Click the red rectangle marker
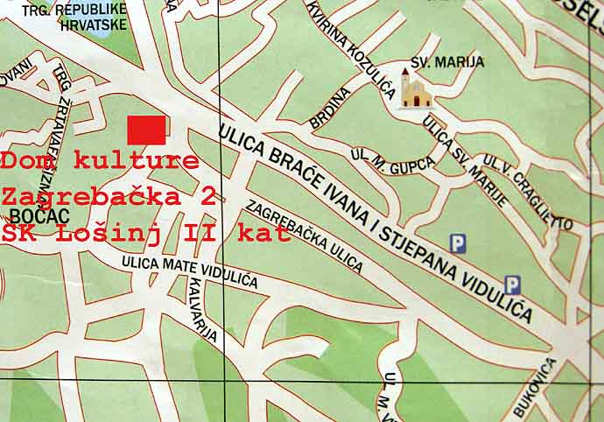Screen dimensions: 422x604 click(146, 130)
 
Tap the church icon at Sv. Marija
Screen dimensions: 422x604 click(415, 88)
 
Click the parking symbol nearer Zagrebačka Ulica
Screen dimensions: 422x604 click(456, 243)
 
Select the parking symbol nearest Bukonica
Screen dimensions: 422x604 click(513, 284)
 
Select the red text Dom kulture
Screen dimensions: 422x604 click(100, 161)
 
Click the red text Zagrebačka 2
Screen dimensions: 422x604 click(109, 196)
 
